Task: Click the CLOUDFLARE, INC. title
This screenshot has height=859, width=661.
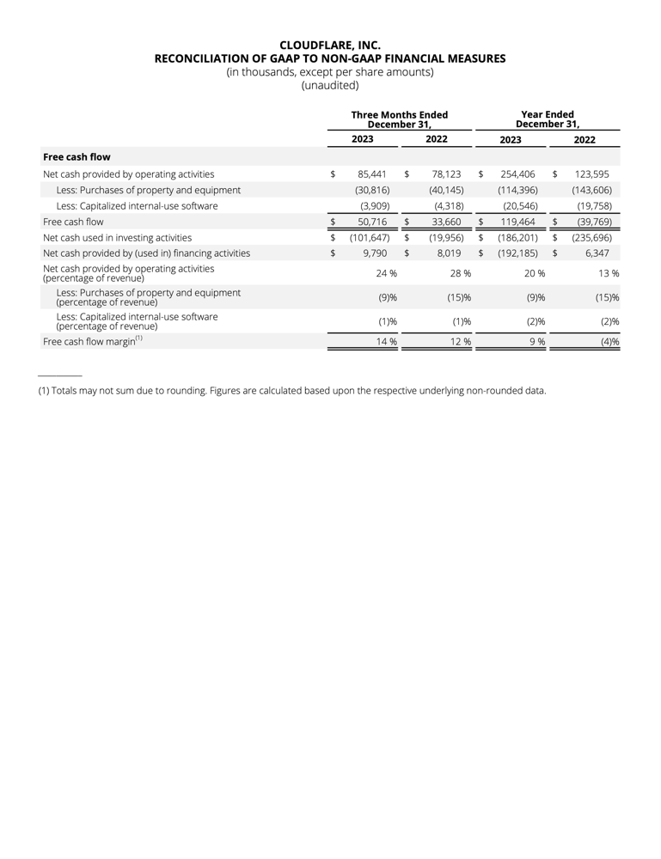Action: [x=330, y=45]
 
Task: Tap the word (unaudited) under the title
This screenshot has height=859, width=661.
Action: [x=330, y=85]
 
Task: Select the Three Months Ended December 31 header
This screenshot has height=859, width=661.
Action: [x=399, y=119]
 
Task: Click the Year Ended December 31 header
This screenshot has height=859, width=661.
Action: [x=548, y=119]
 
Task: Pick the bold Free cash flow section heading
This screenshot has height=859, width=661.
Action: [x=77, y=157]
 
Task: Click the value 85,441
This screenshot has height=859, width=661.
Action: [x=372, y=174]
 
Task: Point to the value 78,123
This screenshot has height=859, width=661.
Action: [x=447, y=174]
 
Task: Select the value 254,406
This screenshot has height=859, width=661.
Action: [x=518, y=174]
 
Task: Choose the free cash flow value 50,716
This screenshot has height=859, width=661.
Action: [x=372, y=222]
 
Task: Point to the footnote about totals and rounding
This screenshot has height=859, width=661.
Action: [x=292, y=390]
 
